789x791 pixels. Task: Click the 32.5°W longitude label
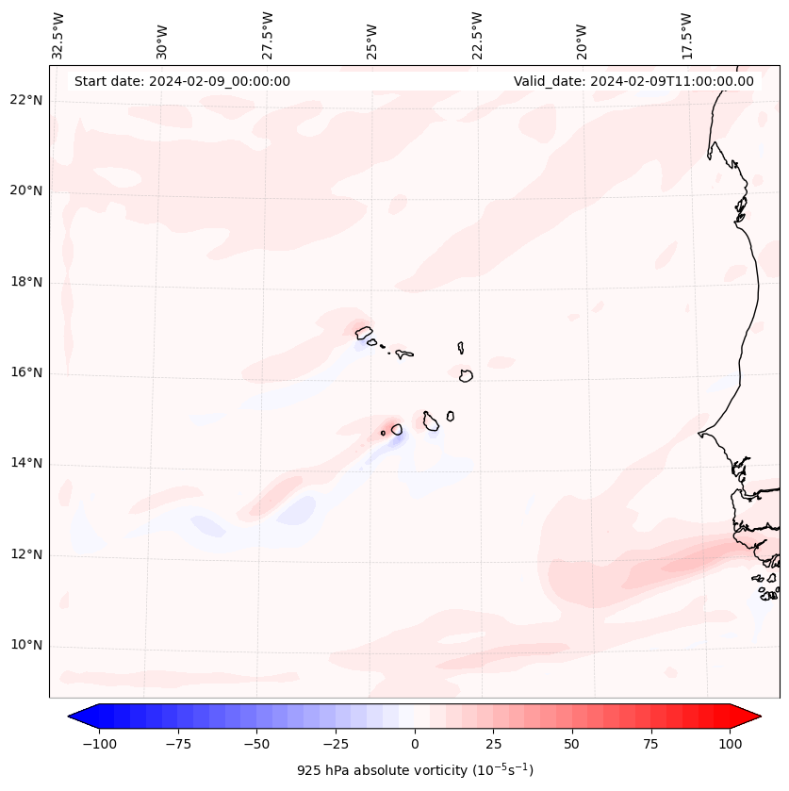coord(58,35)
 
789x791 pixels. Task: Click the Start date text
coord(182,81)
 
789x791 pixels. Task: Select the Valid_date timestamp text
coord(633,81)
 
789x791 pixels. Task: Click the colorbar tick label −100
coord(99,744)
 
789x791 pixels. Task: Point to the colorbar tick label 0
coord(415,744)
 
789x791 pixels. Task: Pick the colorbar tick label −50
coord(256,744)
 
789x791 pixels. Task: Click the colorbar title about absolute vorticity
coord(415,770)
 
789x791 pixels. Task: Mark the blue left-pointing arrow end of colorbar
coord(82,717)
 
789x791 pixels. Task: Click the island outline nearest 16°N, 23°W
coord(466,375)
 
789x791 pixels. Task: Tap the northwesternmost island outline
coord(363,332)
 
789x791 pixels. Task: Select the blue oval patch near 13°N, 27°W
coord(297,510)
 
